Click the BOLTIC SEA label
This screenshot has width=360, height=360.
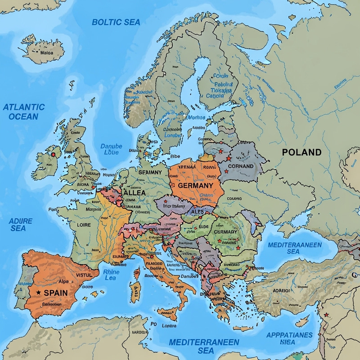(116, 22)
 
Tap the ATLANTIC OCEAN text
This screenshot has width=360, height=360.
(24, 112)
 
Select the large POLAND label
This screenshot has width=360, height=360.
(301, 152)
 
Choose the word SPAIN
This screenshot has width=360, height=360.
(56, 292)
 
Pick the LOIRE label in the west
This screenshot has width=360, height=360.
(84, 224)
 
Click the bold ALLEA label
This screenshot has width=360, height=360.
(134, 192)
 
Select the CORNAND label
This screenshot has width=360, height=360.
(241, 166)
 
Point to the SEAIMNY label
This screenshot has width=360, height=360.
(150, 172)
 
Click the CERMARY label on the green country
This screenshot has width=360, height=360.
(225, 231)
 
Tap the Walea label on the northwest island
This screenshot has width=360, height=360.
(46, 52)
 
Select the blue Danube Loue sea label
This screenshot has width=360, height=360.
(111, 149)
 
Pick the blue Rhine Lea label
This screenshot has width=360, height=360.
(111, 274)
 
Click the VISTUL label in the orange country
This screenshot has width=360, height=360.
(84, 274)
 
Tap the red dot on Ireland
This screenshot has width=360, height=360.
(54, 155)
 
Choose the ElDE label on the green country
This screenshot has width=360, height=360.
(203, 226)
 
